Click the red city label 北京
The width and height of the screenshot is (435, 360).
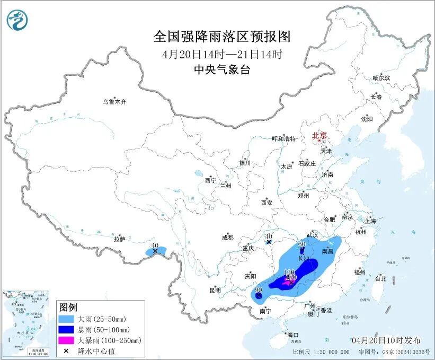click(319, 135)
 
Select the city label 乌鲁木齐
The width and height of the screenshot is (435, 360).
click(115, 102)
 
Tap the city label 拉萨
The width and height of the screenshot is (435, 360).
click(119, 239)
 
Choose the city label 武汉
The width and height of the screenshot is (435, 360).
click(312, 234)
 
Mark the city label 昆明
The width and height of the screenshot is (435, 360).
click(215, 290)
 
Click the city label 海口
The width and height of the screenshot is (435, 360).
click(292, 335)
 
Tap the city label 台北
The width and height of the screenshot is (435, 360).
click(380, 278)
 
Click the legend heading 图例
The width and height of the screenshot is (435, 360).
click(68, 308)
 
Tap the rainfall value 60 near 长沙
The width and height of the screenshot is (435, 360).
click(302, 244)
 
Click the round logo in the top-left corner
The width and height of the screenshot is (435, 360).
click(17, 20)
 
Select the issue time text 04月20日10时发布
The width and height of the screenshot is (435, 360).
click(386, 340)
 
